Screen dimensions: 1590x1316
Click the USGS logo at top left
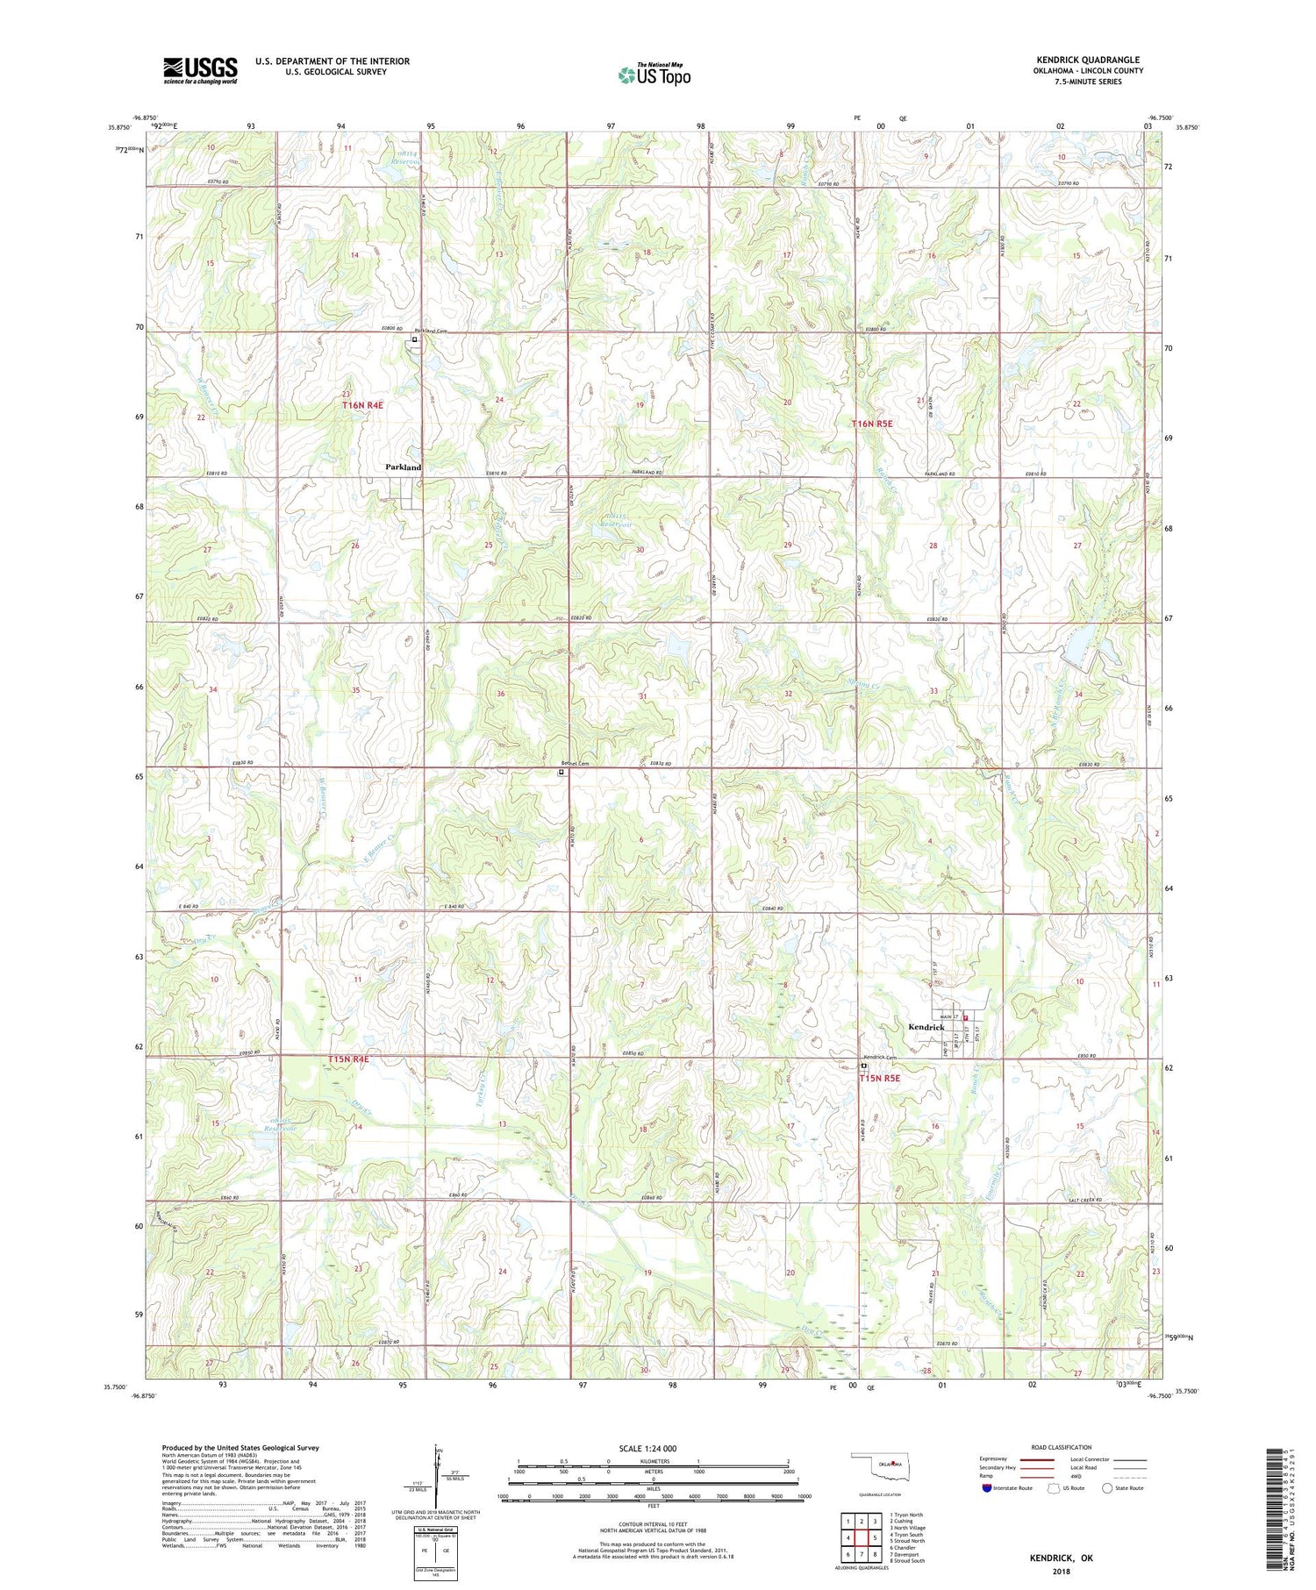click(200, 70)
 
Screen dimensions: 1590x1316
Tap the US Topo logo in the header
click(654, 75)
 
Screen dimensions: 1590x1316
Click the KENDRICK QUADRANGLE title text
click(1088, 60)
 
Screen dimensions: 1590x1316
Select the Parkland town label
click(404, 467)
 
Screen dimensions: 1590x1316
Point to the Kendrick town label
click(926, 1027)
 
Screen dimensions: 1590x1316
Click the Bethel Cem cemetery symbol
click(561, 773)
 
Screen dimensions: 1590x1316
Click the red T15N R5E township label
click(880, 1079)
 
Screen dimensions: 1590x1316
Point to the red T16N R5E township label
click(872, 424)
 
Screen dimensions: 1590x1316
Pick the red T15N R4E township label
click(348, 1059)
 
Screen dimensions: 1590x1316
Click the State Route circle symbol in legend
click(1107, 1488)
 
